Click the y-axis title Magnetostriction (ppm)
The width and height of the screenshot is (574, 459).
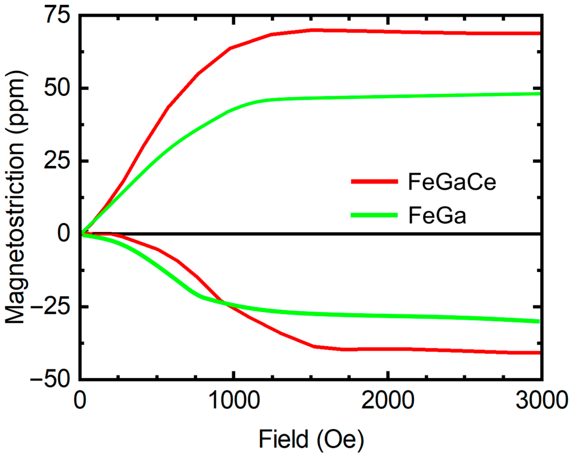(x=16, y=197)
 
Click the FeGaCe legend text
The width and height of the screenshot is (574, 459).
(x=452, y=182)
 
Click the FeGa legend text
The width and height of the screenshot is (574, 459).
(x=437, y=216)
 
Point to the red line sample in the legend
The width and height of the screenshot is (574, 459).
(x=375, y=182)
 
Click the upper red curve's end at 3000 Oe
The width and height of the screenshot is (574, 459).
(x=539, y=33)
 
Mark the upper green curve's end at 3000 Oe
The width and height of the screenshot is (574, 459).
(x=539, y=94)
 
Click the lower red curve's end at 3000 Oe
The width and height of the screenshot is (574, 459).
(x=539, y=353)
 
